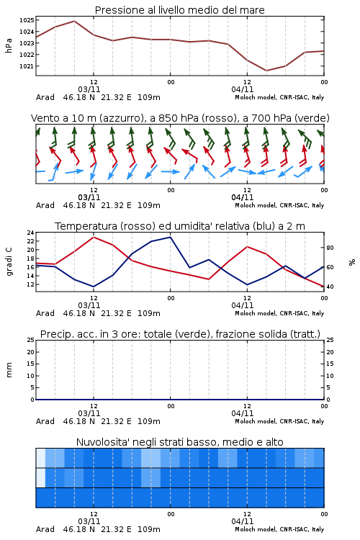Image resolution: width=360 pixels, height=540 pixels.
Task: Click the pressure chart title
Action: tap(179, 10)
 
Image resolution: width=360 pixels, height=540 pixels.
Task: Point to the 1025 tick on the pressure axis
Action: tap(27, 20)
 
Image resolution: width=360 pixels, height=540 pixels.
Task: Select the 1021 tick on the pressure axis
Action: tap(27, 66)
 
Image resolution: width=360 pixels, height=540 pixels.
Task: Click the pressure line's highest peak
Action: tap(74, 21)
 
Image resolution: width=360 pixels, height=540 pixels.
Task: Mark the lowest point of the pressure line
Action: tap(266, 71)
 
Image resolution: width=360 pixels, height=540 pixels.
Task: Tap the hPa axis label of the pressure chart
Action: tap(9, 45)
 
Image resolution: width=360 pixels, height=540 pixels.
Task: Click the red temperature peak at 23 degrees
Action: tap(94, 237)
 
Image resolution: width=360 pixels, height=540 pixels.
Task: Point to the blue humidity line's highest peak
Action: tap(170, 237)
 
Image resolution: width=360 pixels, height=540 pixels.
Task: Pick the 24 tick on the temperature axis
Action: tap(30, 233)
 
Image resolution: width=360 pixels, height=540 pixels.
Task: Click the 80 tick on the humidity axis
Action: tap(330, 248)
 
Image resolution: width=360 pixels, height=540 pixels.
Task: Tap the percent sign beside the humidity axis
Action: tap(352, 262)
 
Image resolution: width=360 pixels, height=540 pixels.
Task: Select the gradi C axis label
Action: tap(9, 261)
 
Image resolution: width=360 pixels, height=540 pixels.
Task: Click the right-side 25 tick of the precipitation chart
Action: tap(330, 340)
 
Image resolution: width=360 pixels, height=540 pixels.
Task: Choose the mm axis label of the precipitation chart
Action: tap(9, 370)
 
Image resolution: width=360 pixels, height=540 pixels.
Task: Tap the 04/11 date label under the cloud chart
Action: tap(243, 521)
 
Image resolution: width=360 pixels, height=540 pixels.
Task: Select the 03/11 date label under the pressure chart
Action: tap(89, 89)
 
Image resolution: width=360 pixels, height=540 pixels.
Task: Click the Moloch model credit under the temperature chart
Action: tap(279, 313)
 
